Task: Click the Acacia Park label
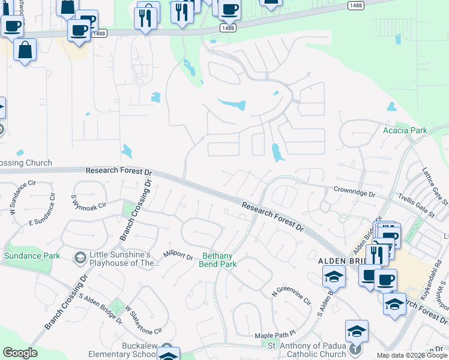coord(405,130)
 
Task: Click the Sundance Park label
coord(32,256)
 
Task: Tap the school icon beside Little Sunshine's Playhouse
coord(80,258)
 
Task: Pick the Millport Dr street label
coord(178,256)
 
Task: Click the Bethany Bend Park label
coord(217,260)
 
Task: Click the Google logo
coord(20,353)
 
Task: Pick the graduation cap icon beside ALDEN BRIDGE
coord(334,277)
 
